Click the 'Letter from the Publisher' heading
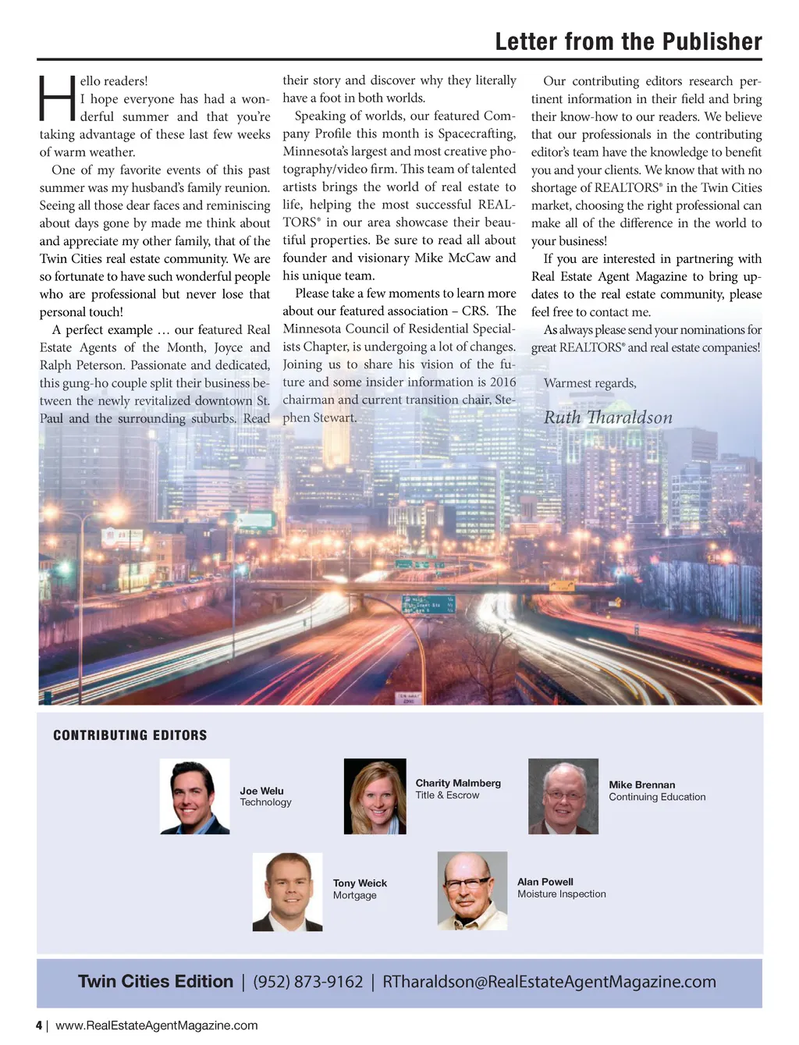628,41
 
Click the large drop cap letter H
57,98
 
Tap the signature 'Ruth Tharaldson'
608,418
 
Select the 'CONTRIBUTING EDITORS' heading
130,735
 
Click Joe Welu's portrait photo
194,796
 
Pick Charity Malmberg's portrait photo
375,796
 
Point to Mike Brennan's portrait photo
563,796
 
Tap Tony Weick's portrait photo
287,891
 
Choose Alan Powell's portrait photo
472,890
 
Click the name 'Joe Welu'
261,791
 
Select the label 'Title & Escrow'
447,795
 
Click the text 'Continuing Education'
657,797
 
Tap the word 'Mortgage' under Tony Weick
354,895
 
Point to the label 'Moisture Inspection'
561,894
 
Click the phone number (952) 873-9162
308,982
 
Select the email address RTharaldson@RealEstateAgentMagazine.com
549,982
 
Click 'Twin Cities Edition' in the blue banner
155,982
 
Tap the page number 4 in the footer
39,1025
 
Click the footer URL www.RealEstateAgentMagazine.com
156,1025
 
